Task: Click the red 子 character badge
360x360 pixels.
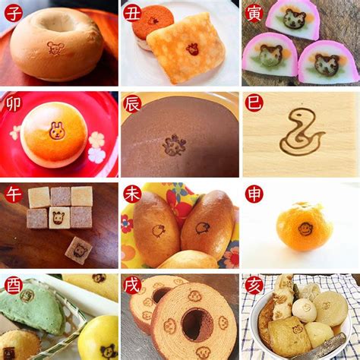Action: click(13, 13)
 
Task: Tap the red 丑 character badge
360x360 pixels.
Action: click(132, 13)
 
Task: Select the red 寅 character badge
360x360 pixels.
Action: click(254, 13)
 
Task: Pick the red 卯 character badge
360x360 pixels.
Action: click(13, 103)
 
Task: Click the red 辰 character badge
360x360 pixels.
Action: click(132, 103)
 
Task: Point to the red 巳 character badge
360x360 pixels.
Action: click(254, 103)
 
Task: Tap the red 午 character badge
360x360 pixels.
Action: click(13, 194)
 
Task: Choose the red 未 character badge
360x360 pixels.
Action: click(132, 194)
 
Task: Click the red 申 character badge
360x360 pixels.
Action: click(254, 194)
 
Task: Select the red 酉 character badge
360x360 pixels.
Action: click(13, 285)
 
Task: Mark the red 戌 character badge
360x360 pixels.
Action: click(132, 285)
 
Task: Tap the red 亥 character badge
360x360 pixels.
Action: click(254, 285)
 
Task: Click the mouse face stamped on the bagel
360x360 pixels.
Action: click(55, 48)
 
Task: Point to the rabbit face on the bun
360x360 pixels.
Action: click(56, 131)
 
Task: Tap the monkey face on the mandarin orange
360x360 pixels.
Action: click(305, 229)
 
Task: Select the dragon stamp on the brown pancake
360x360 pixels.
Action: click(175, 145)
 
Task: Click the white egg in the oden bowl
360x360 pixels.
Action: click(305, 310)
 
